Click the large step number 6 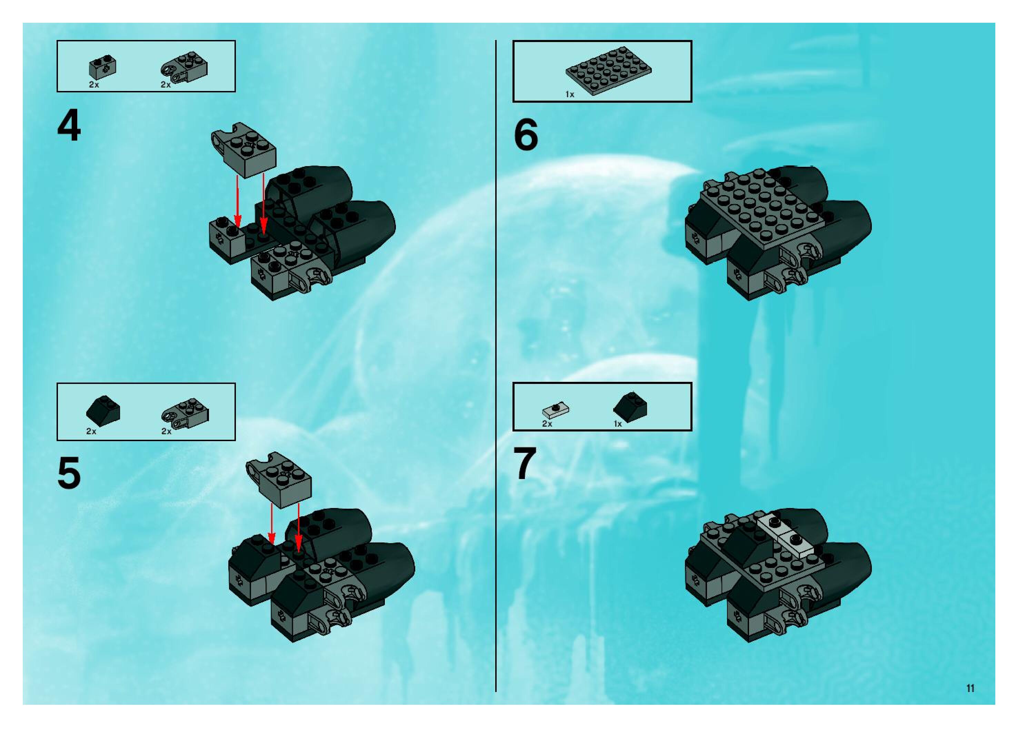(x=526, y=135)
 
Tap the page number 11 (x=970, y=688)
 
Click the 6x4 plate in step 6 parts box (x=608, y=70)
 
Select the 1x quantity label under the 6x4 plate (x=569, y=94)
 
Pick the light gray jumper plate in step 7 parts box (x=556, y=409)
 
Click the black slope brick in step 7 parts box (x=630, y=407)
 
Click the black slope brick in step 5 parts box (x=103, y=409)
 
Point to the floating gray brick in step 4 (x=244, y=150)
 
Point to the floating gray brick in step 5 (x=278, y=485)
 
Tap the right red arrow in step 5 (x=298, y=527)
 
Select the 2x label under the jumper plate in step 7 (x=547, y=424)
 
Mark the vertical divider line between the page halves (x=496, y=366)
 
